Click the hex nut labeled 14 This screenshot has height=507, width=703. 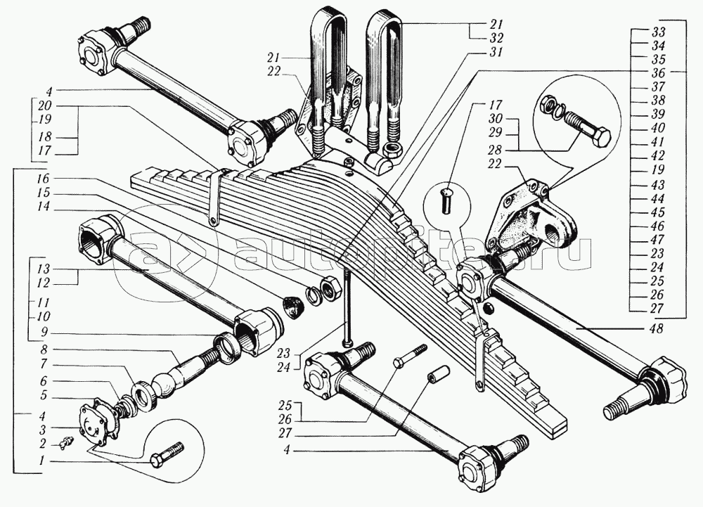[x=326, y=288]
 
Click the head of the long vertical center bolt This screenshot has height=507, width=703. [x=345, y=343]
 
